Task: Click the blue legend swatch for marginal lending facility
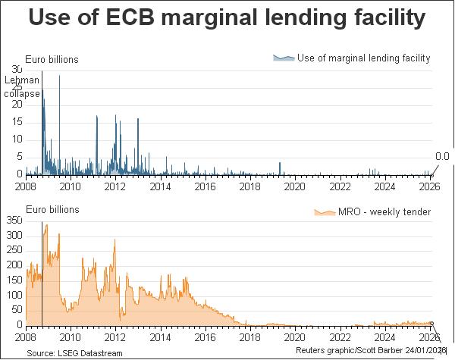284,58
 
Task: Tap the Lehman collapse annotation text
21,86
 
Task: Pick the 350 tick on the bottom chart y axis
14,220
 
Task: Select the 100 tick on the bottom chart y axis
14,295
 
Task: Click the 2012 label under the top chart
115,186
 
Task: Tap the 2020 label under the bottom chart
295,338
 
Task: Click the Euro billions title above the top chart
52,60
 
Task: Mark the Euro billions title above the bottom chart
52,209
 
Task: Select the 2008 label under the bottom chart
26,338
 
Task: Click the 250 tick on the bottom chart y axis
14,250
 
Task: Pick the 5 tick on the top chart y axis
19,157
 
